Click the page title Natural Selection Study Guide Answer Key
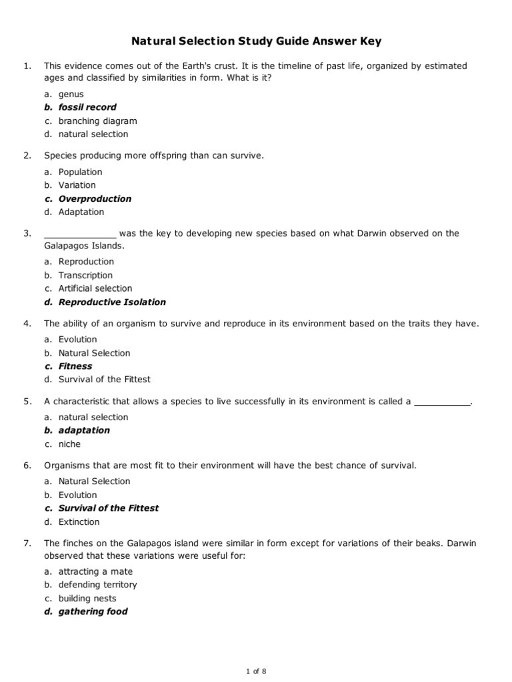[x=256, y=42]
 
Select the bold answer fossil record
[x=87, y=107]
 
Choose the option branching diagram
[x=97, y=121]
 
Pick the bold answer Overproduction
[x=95, y=198]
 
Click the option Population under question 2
[x=80, y=172]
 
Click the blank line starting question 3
[x=80, y=234]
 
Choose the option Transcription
[x=85, y=275]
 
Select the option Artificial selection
[x=95, y=288]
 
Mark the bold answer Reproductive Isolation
[x=112, y=302]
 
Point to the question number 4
[x=27, y=324]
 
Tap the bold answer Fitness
[x=75, y=366]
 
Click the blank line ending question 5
[x=443, y=402]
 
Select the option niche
[x=69, y=444]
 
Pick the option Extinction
[x=79, y=522]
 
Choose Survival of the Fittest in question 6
[x=109, y=508]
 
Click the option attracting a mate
[x=95, y=571]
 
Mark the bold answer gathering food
[x=93, y=611]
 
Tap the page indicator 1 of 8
[x=256, y=671]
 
